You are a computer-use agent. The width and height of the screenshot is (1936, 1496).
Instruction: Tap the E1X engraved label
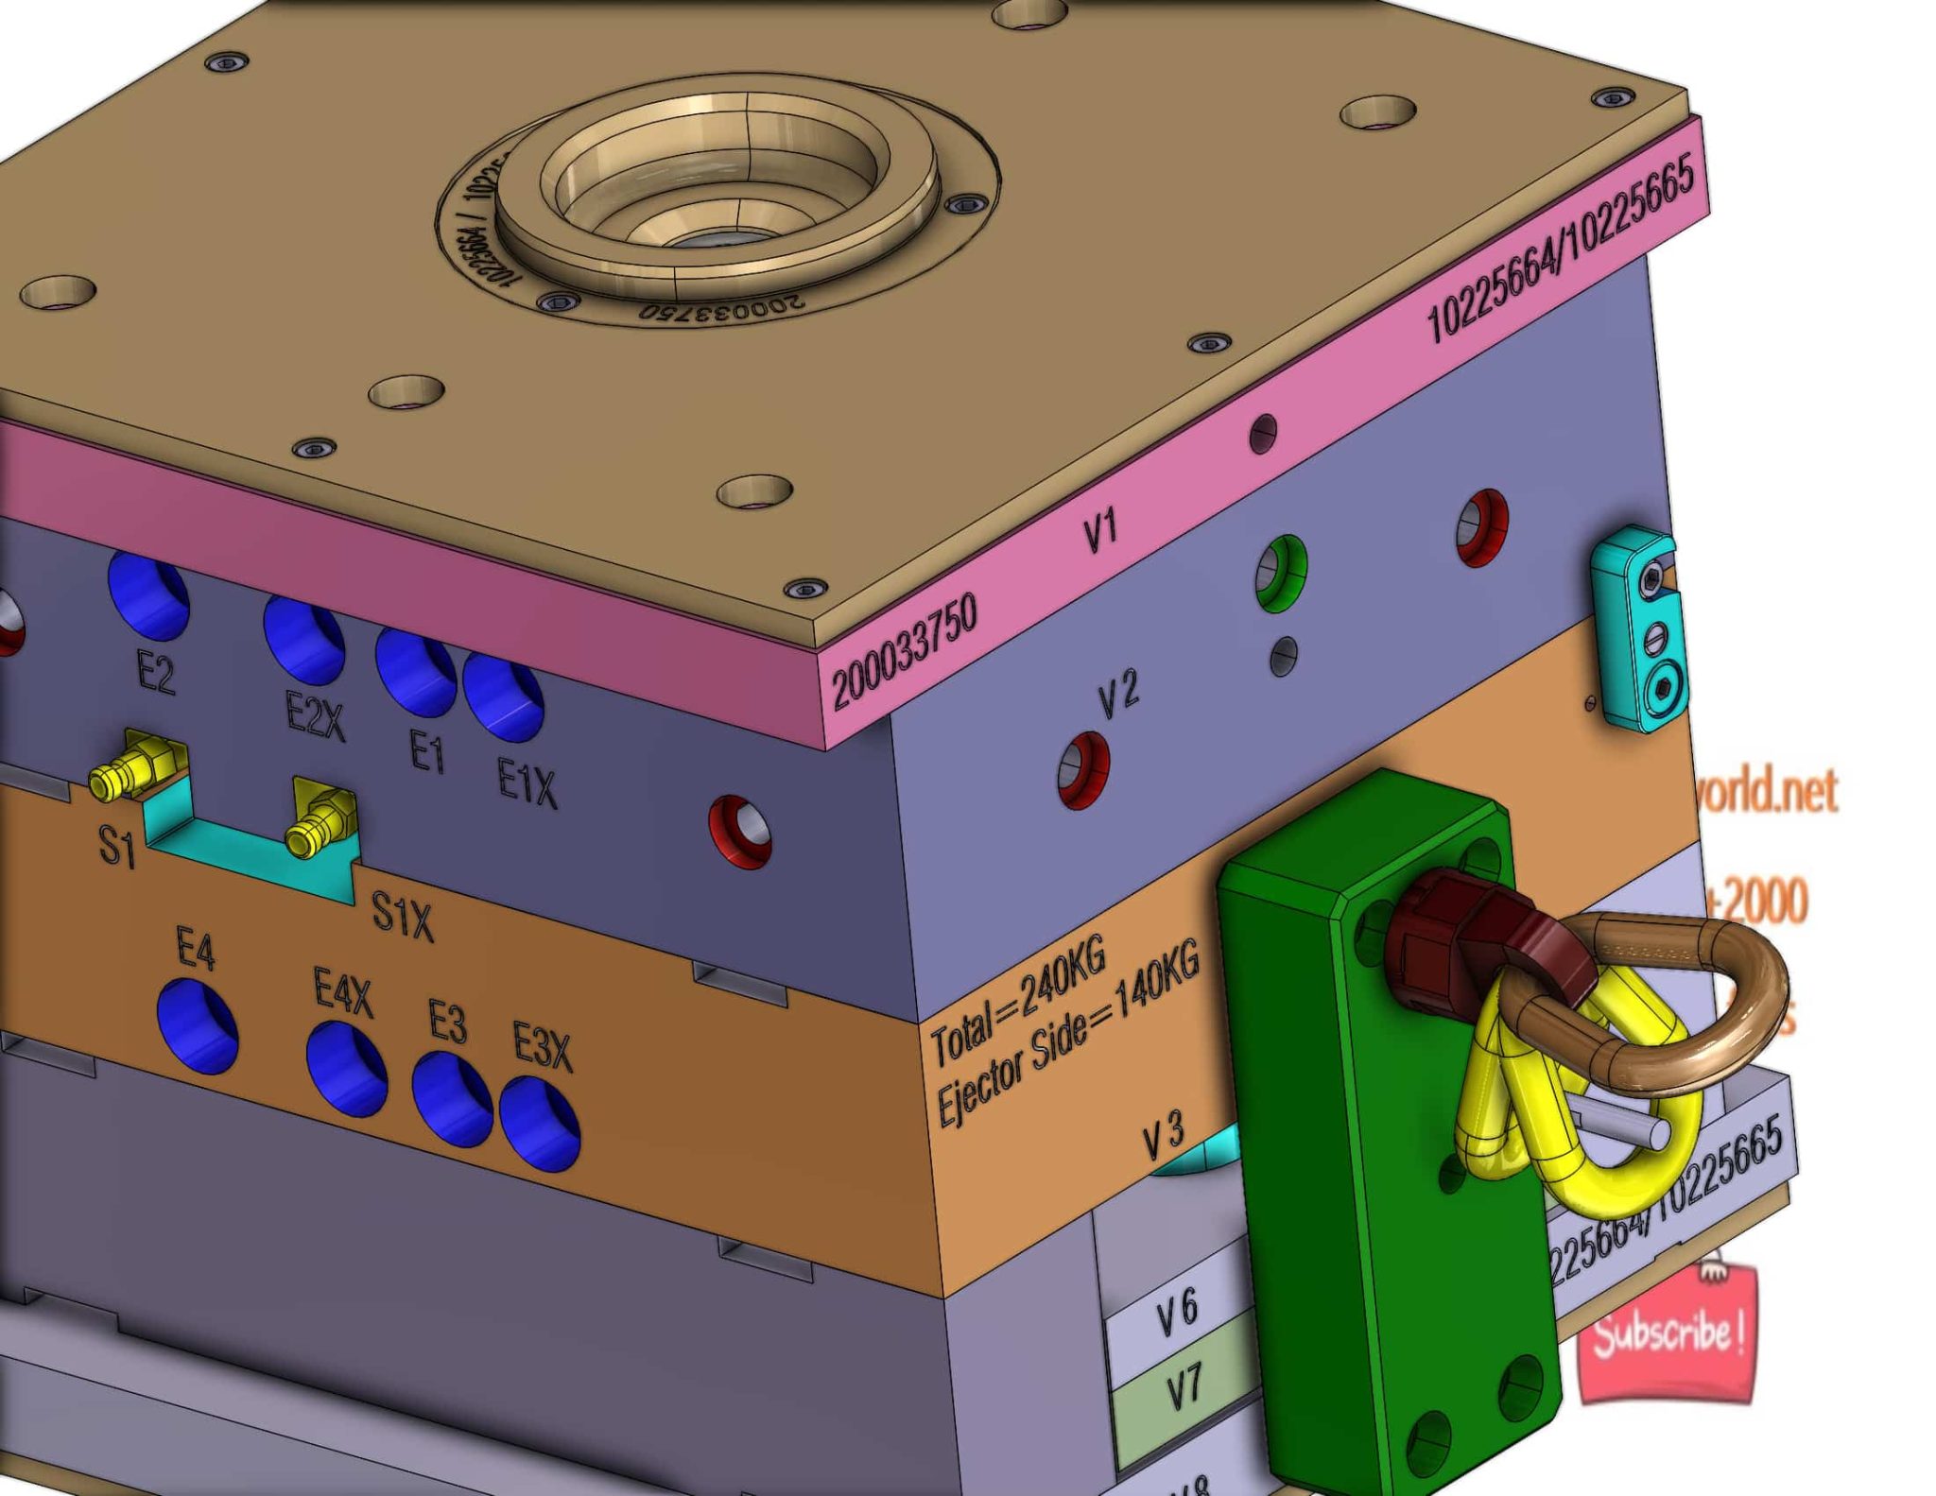(527, 783)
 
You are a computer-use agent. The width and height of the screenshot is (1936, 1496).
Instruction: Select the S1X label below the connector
(402, 915)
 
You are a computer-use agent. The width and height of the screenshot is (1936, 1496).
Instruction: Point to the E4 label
(196, 948)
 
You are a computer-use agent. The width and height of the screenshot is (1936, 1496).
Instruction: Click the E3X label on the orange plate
(543, 1046)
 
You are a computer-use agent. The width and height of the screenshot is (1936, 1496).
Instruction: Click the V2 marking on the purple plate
(1118, 696)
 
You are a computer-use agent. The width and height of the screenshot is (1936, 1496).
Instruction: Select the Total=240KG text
(1018, 1002)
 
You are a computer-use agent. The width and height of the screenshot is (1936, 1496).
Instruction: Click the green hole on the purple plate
(1281, 572)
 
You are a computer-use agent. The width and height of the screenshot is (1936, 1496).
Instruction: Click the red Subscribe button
(1667, 1334)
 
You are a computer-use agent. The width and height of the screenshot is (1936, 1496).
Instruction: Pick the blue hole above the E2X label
(303, 639)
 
